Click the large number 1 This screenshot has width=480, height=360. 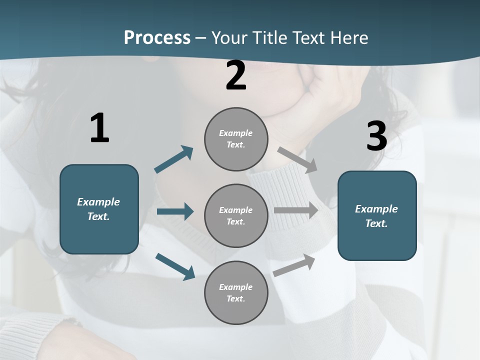pyautogui.click(x=99, y=128)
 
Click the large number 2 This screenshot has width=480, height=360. pyautogui.click(x=236, y=76)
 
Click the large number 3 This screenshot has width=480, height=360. pyautogui.click(x=376, y=136)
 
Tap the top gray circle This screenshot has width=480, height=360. pyautogui.click(x=236, y=139)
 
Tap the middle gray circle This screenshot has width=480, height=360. pyautogui.click(x=236, y=215)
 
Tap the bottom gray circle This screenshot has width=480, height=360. pyautogui.click(x=236, y=292)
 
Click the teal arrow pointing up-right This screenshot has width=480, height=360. pyautogui.click(x=174, y=159)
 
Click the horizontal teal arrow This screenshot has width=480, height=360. pyautogui.click(x=175, y=211)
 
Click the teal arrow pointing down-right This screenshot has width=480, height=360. pyautogui.click(x=175, y=266)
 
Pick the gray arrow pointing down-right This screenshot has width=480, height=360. pyautogui.click(x=297, y=159)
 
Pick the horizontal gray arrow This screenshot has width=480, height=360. pyautogui.click(x=296, y=210)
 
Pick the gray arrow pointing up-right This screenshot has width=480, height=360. pyautogui.click(x=294, y=265)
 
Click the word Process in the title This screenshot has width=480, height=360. pyautogui.click(x=157, y=37)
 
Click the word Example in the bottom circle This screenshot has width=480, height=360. pyautogui.click(x=235, y=287)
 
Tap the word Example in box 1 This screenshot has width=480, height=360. pyautogui.click(x=98, y=202)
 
